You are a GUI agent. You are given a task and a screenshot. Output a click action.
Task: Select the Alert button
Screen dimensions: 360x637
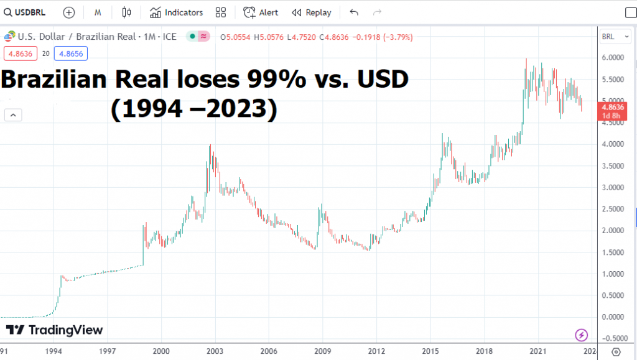261,12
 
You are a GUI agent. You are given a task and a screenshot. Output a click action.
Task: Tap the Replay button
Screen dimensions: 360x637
312,12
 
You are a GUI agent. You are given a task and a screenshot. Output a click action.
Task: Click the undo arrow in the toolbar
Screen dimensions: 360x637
355,12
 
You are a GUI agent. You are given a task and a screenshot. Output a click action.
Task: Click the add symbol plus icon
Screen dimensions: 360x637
69,12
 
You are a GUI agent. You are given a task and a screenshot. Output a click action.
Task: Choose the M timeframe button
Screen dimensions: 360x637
98,12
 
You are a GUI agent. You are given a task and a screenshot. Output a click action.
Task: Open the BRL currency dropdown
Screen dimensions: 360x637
612,37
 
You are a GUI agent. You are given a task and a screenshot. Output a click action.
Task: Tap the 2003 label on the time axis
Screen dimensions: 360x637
215,351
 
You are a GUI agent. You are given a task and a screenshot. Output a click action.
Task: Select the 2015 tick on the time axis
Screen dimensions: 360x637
430,351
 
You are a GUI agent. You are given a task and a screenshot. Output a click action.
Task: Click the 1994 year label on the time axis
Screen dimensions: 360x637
53,351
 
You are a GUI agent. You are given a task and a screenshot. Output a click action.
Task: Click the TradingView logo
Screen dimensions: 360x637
55,330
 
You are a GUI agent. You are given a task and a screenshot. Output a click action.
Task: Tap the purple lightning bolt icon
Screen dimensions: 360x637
581,335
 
